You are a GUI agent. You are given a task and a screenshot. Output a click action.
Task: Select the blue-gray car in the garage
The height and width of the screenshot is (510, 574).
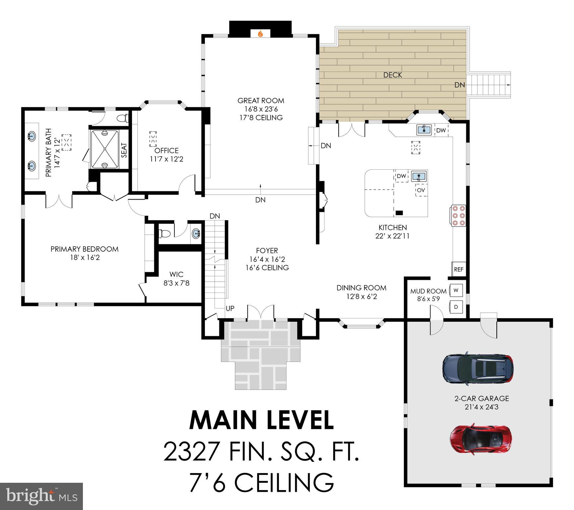[x=478, y=369]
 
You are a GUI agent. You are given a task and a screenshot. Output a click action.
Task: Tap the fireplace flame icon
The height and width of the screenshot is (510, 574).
[x=260, y=34]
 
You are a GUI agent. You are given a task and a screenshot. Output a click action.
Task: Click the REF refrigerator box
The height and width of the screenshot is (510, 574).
[x=459, y=269]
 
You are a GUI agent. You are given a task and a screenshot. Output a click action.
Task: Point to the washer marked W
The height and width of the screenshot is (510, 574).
[x=456, y=290]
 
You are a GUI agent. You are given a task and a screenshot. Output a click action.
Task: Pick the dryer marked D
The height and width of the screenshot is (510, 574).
[x=456, y=307]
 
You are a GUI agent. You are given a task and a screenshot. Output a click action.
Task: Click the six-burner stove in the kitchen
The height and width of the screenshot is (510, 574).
[x=458, y=216]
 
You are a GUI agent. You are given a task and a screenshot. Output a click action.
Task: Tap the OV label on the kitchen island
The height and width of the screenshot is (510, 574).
[x=421, y=190]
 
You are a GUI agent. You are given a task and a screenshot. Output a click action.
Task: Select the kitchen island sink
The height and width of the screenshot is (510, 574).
[x=419, y=176]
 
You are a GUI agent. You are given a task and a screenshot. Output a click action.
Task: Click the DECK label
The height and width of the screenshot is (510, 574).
[x=393, y=75]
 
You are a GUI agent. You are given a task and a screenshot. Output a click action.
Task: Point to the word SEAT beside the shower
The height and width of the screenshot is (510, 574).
[x=124, y=150]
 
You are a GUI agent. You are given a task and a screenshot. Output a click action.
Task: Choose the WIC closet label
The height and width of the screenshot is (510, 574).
[x=176, y=274]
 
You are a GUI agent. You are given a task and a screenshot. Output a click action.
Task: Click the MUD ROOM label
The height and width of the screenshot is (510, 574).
[x=428, y=291]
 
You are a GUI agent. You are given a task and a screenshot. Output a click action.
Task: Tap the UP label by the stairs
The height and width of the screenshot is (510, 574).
[x=230, y=308]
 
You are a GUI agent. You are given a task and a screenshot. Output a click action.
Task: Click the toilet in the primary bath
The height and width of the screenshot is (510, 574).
[x=123, y=118]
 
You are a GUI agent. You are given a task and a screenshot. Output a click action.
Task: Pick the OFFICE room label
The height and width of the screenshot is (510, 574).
[x=166, y=150]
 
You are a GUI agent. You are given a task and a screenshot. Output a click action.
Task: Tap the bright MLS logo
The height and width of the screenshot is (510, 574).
[x=41, y=496]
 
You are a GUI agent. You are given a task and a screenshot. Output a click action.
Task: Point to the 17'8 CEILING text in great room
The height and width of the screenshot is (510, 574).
[x=261, y=118]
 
